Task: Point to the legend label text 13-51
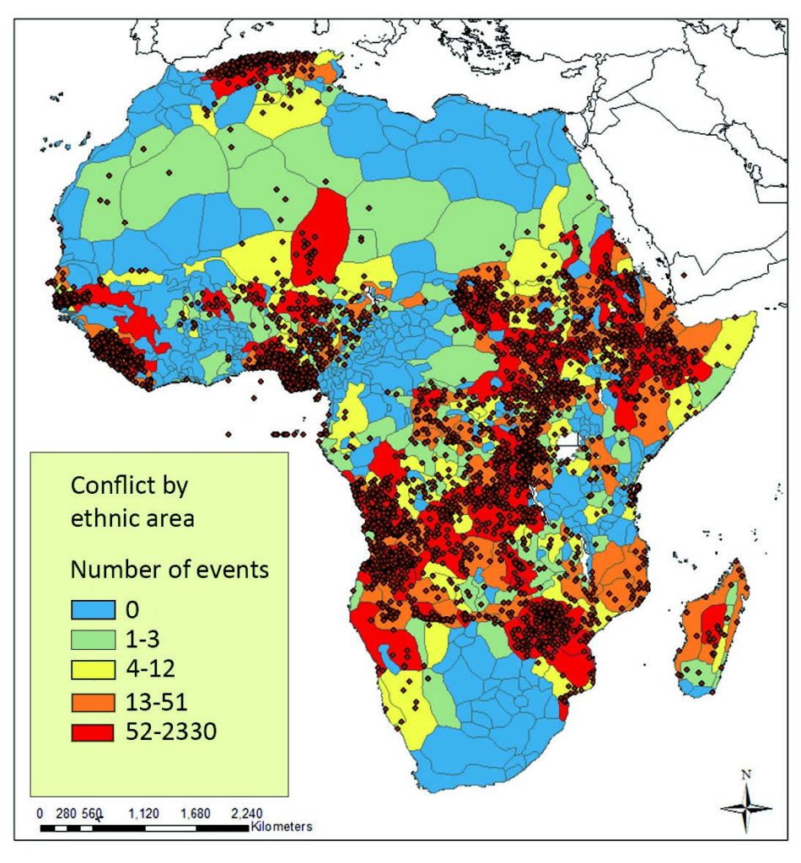coord(163,701)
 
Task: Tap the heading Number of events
coord(169,569)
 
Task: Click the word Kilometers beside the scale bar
coord(282,827)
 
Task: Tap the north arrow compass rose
coord(747,807)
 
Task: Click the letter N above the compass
coord(745,773)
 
